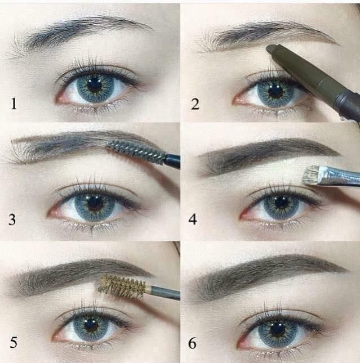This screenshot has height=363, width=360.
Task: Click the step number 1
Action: pos(15,103)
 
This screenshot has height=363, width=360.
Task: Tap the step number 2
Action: pos(194,103)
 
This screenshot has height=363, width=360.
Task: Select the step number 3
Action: pos(13,219)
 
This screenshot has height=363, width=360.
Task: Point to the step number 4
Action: pos(193,219)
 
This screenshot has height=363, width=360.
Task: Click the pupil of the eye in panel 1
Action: pos(94,85)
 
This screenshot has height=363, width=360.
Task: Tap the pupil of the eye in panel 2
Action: pos(275,91)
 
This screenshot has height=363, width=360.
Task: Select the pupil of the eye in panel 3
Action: pos(95,204)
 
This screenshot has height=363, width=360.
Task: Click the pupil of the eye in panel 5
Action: pos(90,324)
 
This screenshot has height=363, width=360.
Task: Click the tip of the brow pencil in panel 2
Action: pos(271,49)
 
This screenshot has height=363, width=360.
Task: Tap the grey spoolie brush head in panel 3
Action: pos(136,151)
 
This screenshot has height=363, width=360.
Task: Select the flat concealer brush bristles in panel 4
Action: pos(309,175)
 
